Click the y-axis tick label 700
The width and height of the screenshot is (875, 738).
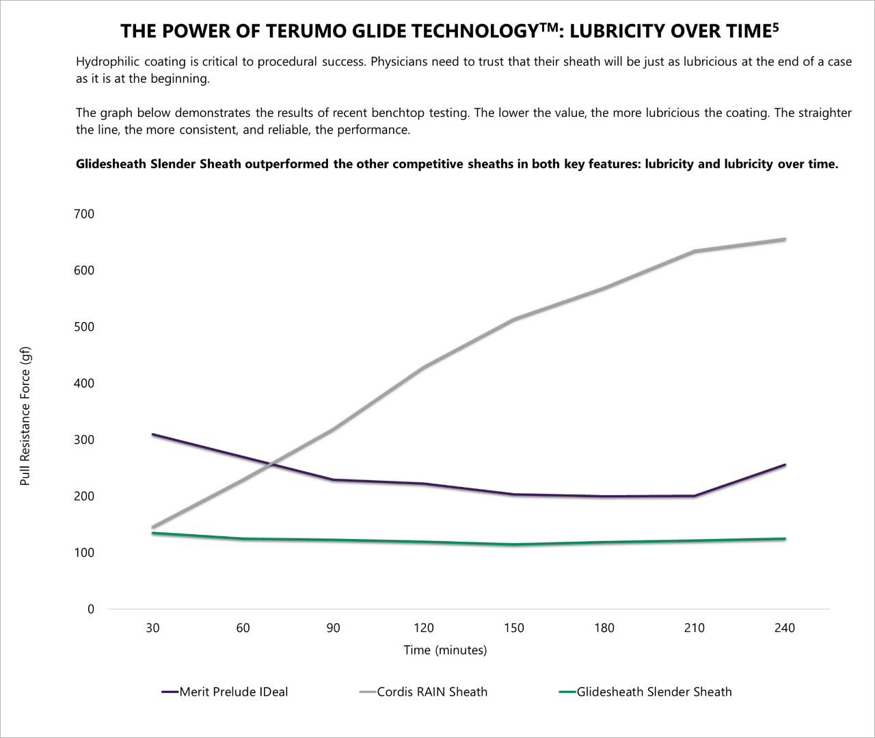coord(83,214)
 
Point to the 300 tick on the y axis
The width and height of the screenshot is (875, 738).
coord(83,440)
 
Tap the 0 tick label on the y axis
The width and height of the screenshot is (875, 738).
coord(90,609)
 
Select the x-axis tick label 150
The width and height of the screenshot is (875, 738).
coord(514,628)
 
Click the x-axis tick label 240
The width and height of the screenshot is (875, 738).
coord(785,628)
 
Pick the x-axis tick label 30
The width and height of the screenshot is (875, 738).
coord(152,628)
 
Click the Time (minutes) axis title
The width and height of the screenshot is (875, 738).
coord(445,650)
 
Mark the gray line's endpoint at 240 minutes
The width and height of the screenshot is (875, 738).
coord(785,239)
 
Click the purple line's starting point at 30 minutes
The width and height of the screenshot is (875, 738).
coord(152,434)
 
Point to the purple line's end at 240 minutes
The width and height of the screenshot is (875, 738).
coord(785,465)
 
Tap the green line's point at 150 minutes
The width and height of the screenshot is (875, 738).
coord(514,544)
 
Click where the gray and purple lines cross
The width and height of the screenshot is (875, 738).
coord(271,464)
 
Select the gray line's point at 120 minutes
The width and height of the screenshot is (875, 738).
coord(424,367)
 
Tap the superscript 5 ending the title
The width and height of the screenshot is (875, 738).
coord(775,27)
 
